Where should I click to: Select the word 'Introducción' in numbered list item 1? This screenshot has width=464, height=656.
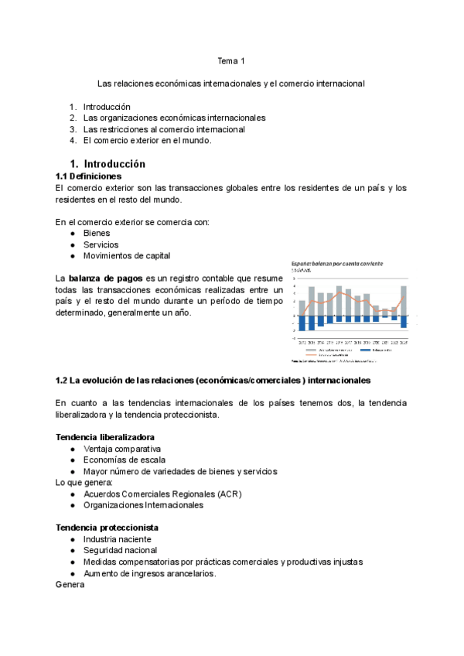pos(107,107)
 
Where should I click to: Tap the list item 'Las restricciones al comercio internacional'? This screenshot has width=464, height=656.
pos(164,129)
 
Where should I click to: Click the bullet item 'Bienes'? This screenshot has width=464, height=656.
pos(97,233)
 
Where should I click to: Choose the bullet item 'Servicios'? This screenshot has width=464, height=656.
pos(101,244)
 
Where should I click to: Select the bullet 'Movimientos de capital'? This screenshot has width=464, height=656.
pos(127,255)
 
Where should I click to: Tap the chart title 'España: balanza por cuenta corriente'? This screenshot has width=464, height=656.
pos(337,264)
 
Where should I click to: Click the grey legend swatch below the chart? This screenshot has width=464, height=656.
pos(312,350)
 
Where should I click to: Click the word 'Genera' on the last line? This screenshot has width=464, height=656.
pos(70,585)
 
